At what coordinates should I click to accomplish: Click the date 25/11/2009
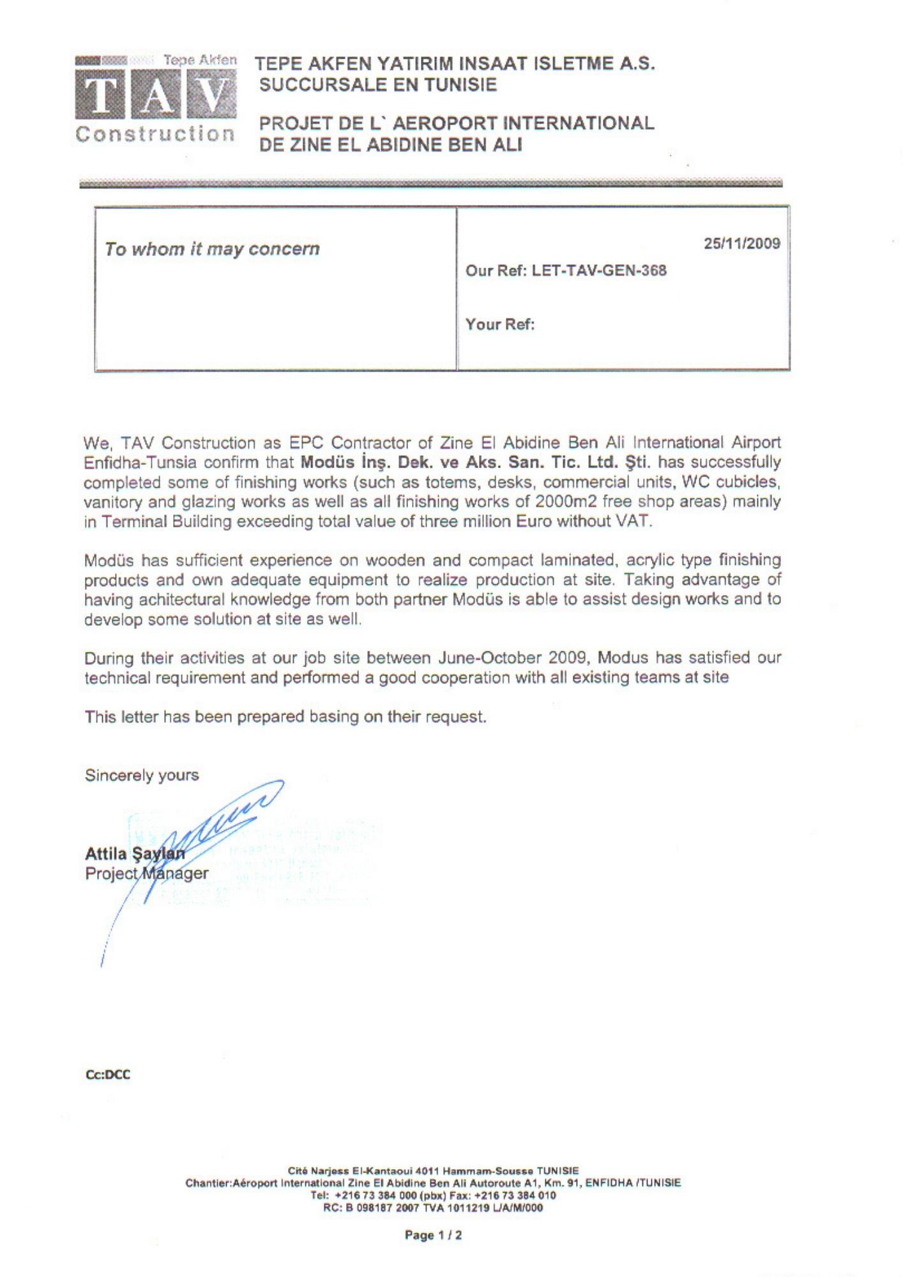[741, 243]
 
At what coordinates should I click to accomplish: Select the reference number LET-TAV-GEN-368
[599, 271]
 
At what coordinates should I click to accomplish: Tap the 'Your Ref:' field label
[500, 324]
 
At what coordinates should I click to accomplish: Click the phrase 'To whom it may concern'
[212, 249]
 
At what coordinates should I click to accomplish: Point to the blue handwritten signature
[211, 824]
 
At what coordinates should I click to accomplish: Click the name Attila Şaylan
[135, 854]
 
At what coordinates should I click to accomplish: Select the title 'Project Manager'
[146, 873]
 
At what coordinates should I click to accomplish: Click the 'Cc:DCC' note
[107, 1075]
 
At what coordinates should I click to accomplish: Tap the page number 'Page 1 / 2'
[433, 1235]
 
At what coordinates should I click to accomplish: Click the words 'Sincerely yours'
[142, 775]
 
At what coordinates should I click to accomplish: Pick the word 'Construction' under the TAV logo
[155, 134]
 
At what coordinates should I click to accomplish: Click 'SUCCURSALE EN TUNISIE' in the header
[377, 85]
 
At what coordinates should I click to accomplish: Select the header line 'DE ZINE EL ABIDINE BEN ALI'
[390, 145]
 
